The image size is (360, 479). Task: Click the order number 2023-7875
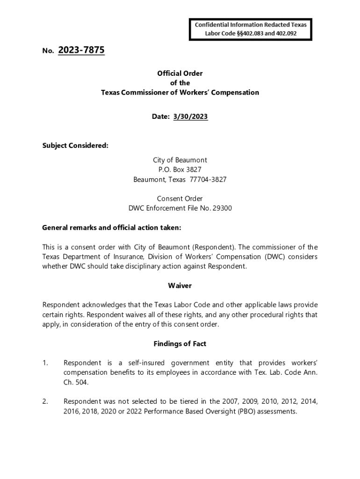81,50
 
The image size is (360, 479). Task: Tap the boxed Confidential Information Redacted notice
251,29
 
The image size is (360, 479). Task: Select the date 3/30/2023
191,116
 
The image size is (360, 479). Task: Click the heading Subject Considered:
75,145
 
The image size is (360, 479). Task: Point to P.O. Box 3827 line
180,170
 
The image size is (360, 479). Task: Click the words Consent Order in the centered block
180,199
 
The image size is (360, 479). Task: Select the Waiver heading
180,285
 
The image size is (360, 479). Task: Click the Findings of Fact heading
180,344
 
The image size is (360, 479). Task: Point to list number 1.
45,363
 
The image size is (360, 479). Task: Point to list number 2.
45,402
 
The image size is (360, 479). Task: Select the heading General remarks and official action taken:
111,228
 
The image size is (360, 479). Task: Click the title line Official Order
180,73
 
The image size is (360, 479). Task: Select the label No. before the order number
48,51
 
